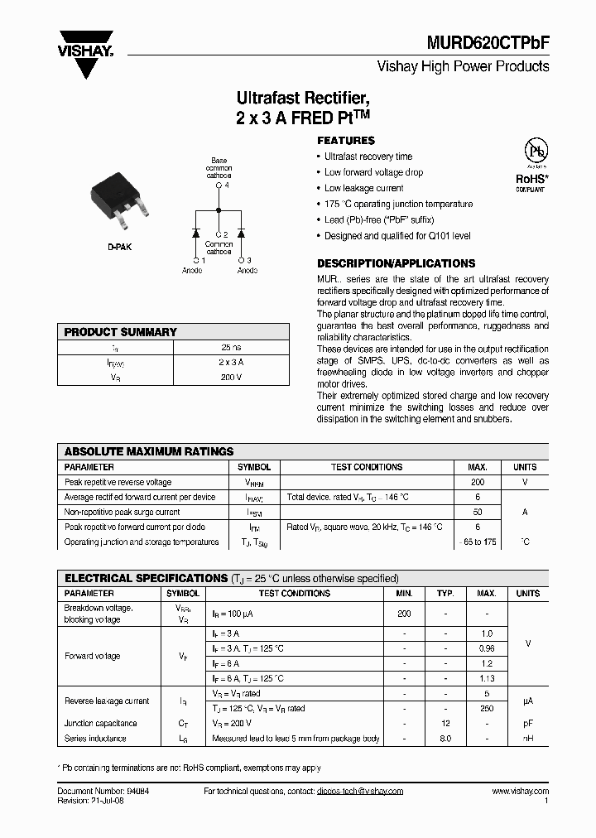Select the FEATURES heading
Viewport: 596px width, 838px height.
[x=346, y=141]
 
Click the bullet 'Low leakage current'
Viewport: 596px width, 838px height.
[x=363, y=188]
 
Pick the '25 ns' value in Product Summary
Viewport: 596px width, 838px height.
[x=231, y=348]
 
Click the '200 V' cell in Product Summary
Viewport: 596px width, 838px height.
[x=231, y=377]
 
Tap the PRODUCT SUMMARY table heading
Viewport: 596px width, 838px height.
[x=121, y=332]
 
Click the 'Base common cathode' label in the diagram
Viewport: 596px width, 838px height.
[x=219, y=168]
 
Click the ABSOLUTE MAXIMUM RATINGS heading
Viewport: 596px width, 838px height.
[x=149, y=452]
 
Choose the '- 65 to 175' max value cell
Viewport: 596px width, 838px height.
[x=478, y=542]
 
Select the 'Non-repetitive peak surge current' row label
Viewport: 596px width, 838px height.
[x=123, y=512]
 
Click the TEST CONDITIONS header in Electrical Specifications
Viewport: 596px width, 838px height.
[x=294, y=594]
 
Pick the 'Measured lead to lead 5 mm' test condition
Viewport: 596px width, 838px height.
[x=296, y=738]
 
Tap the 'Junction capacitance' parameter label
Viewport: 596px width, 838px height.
[x=101, y=723]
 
